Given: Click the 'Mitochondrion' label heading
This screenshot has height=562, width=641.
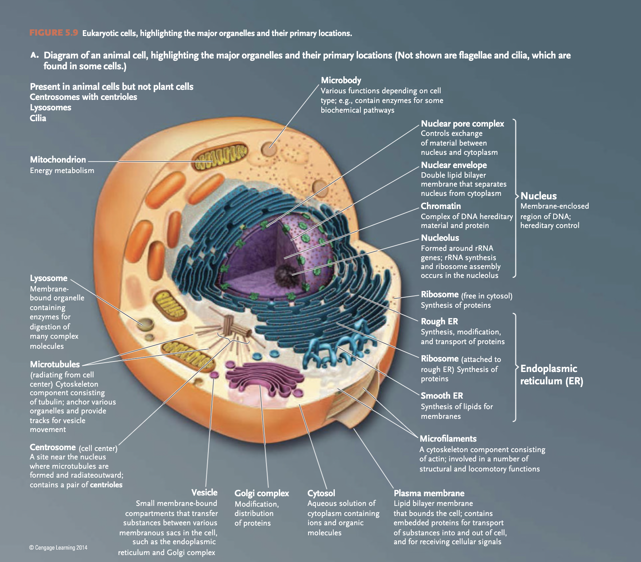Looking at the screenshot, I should pyautogui.click(x=58, y=159).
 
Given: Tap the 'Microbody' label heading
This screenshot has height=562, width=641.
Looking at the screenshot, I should pyautogui.click(x=341, y=81).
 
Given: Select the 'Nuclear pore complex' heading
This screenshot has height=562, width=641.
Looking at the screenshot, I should pyautogui.click(x=462, y=124).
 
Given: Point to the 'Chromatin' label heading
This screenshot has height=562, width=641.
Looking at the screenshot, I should pyautogui.click(x=440, y=206).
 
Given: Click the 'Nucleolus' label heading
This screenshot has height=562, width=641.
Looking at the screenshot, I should pyautogui.click(x=440, y=238).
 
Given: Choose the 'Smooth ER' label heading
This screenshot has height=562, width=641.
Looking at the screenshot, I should pyautogui.click(x=442, y=396).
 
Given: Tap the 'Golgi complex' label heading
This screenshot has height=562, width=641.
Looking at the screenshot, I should pyautogui.click(x=262, y=493).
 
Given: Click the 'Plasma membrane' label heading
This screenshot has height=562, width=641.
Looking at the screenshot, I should pyautogui.click(x=429, y=493).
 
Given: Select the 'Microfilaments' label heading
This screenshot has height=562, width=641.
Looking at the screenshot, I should pyautogui.click(x=448, y=439).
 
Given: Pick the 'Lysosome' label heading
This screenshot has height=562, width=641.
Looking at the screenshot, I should pyautogui.click(x=48, y=278).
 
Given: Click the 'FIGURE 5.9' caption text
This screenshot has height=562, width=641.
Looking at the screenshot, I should pyautogui.click(x=54, y=33).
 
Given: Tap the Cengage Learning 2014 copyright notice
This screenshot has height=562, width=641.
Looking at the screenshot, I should pyautogui.click(x=58, y=547).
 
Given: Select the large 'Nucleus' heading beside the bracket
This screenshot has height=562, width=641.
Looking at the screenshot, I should pyautogui.click(x=538, y=196).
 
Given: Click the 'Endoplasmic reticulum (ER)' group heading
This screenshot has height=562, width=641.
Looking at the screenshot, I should pyautogui.click(x=551, y=375).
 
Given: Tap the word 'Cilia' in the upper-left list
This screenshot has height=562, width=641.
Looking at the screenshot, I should pyautogui.click(x=38, y=118).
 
